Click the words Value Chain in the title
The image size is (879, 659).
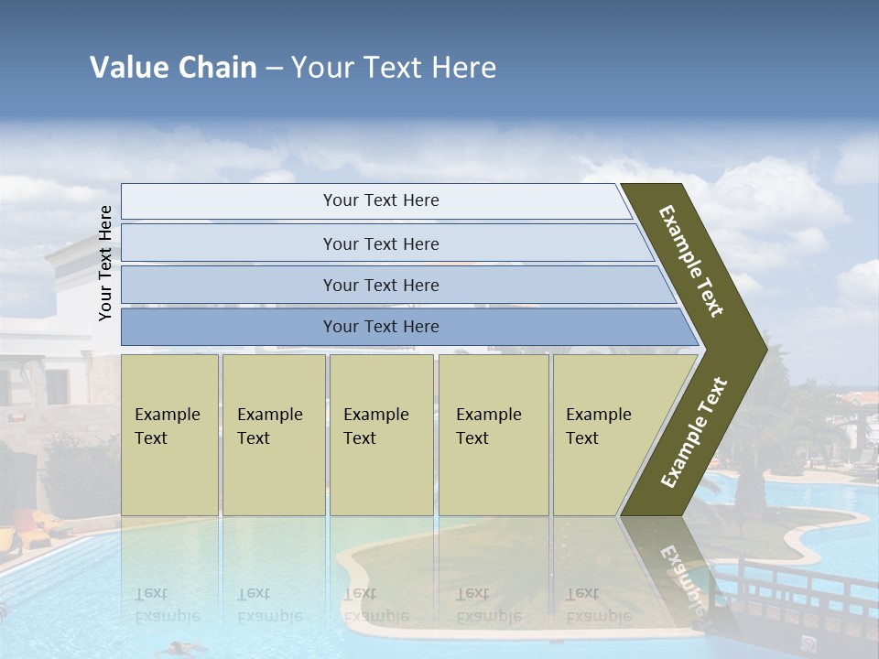coord(173,68)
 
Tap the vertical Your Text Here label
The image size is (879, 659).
coord(105,263)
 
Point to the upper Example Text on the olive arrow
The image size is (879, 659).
coord(691,261)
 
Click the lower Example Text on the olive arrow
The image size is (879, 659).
coord(694,432)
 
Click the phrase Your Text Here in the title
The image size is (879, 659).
coord(394,68)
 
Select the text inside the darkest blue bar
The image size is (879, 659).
coord(381,327)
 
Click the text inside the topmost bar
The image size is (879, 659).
coord(381,200)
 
